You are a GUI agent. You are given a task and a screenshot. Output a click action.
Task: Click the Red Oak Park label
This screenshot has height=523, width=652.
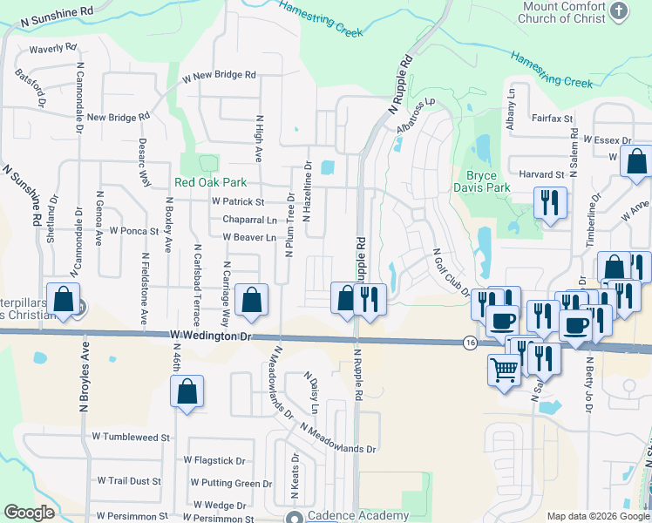pos(210,182)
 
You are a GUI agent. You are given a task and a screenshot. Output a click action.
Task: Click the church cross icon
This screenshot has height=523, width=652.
pos(619,10)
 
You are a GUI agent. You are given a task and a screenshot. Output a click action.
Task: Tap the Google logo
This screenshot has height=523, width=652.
pos(29,513)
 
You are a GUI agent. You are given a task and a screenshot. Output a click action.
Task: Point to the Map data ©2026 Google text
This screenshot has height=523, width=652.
pos(598,516)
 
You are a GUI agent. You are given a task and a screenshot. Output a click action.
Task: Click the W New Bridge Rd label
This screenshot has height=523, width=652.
pos(218,77)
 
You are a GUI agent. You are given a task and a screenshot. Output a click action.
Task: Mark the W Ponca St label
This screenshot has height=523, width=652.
pos(128,232)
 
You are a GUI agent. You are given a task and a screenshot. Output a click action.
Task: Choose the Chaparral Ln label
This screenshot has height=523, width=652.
pos(249,220)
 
